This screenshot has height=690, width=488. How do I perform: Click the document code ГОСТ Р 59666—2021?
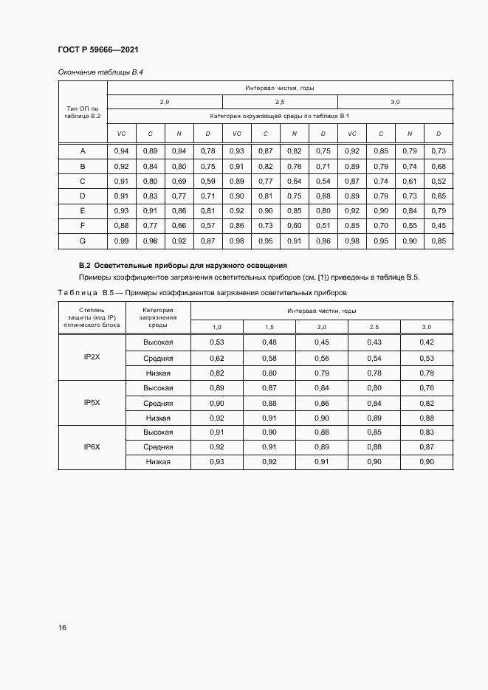click(x=98, y=49)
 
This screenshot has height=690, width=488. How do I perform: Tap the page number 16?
click(x=62, y=628)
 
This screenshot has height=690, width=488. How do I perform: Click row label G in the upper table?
click(x=83, y=241)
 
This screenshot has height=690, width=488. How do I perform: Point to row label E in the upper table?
click(x=83, y=210)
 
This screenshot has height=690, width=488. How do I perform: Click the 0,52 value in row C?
click(x=438, y=181)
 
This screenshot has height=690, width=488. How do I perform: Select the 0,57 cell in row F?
click(x=207, y=226)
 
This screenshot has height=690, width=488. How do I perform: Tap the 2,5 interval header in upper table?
click(x=280, y=102)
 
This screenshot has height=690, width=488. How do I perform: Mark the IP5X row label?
click(x=92, y=403)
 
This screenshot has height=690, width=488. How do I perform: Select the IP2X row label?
click(x=92, y=357)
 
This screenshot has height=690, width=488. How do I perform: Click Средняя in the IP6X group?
click(x=158, y=446)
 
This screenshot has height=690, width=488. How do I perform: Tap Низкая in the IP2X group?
click(x=158, y=373)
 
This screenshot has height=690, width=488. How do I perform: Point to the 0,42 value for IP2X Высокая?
click(x=427, y=342)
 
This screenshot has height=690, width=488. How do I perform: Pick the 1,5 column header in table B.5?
click(x=269, y=327)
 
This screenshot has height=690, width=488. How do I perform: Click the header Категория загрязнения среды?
click(x=158, y=317)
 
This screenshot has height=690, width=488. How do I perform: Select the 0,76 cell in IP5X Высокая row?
click(x=427, y=388)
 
